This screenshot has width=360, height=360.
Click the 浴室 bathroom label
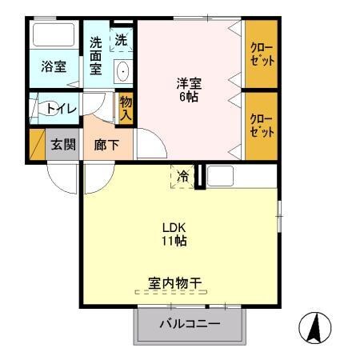tap(55, 66)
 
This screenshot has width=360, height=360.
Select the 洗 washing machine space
tap(120, 39)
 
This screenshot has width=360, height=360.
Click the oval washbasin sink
tap(122, 71)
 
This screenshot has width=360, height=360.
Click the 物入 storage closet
tap(126, 106)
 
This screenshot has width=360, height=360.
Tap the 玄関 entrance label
tap(62, 145)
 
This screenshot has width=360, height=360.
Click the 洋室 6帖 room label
tap(189, 88)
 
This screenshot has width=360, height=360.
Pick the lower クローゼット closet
tap(261, 126)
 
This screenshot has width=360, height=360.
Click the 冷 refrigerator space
tap(183, 176)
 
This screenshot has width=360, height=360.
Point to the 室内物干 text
tap(174, 282)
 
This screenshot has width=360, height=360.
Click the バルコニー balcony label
tap(189, 324)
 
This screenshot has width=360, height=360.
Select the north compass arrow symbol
tap(314, 328)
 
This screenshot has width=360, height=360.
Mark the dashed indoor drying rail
tap(174, 294)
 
